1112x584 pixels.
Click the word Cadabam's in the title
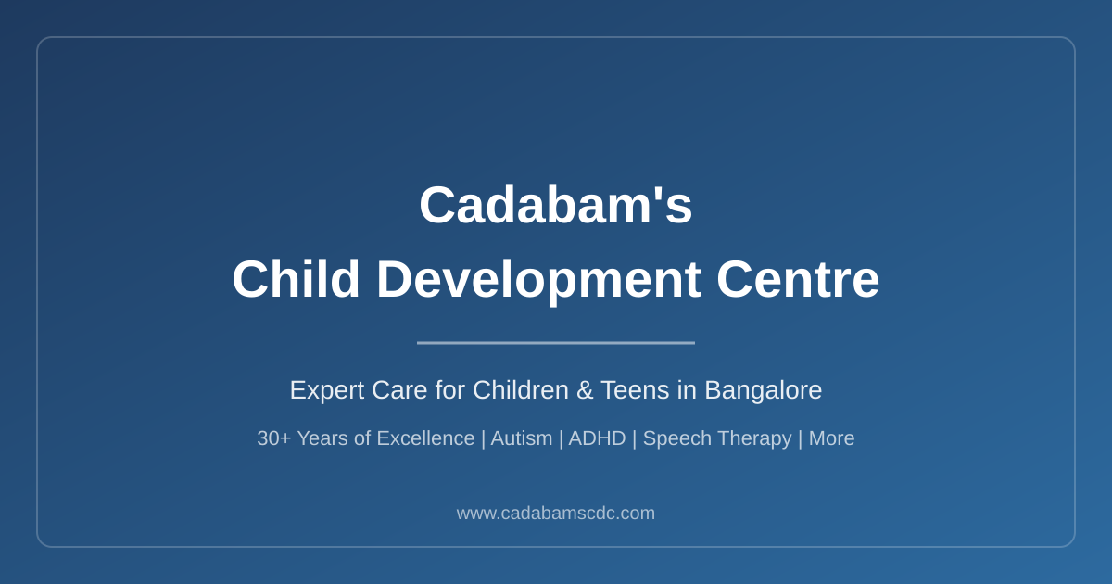click(555, 205)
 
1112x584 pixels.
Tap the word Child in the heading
click(296, 279)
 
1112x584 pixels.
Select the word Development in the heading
click(539, 281)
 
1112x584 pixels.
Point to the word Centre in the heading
click(798, 280)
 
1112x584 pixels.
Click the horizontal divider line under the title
click(555, 343)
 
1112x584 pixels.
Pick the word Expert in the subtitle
click(327, 390)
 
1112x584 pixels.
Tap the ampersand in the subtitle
click(585, 390)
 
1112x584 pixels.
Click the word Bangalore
click(763, 390)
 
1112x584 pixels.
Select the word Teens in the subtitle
click(635, 390)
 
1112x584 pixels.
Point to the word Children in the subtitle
click(520, 390)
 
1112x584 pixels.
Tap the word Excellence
click(425, 438)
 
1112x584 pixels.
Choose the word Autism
click(521, 438)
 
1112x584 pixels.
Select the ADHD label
click(597, 438)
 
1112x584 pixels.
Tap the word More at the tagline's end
click(831, 438)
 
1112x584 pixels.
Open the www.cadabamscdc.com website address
click(555, 513)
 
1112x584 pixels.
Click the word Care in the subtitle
click(399, 390)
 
